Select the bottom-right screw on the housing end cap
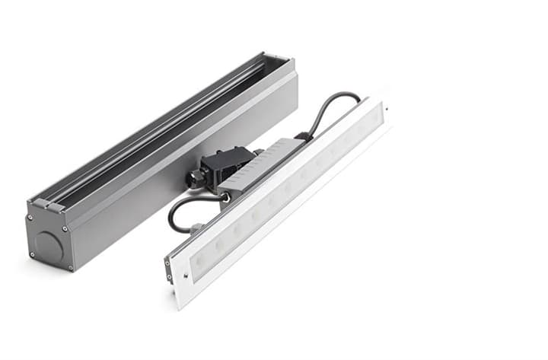coord(71,267)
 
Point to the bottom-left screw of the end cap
coord(31,255)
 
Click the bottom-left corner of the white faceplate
coord(177,306)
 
